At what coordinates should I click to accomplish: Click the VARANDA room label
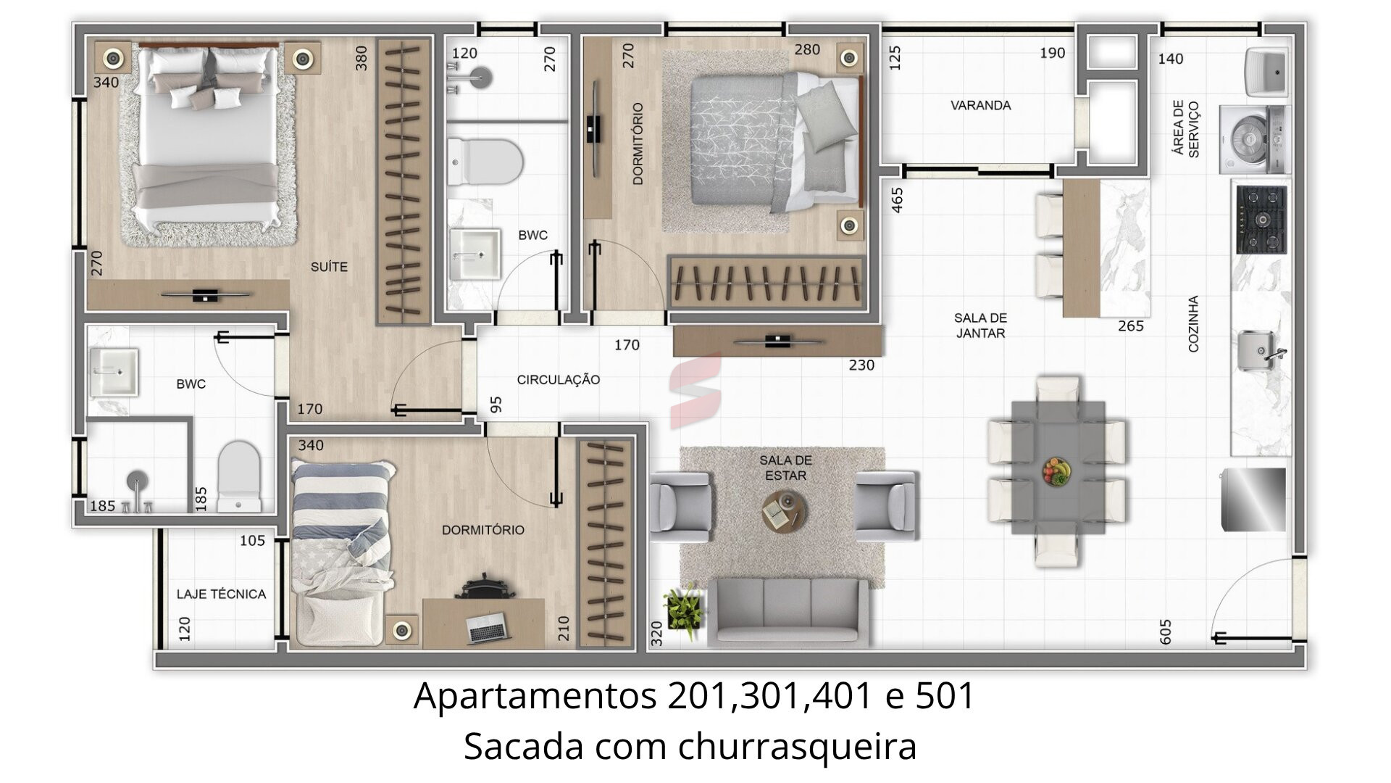980,105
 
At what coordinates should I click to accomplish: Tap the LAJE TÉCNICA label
221,594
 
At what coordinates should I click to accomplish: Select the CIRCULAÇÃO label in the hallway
558,379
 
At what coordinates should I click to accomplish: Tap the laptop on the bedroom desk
487,628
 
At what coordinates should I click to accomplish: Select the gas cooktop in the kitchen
1261,219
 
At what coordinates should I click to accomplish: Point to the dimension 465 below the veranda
898,200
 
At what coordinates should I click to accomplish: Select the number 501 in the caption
945,696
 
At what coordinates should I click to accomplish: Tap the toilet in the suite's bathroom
239,476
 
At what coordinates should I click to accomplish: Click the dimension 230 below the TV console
861,365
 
